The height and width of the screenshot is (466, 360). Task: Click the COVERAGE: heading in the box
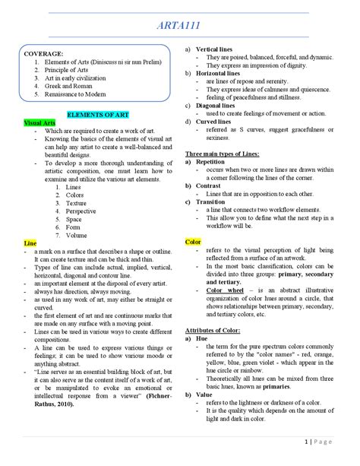pos(44,54)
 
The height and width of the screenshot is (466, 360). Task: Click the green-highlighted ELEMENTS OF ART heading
pos(97,114)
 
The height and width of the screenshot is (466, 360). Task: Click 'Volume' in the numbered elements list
pos(76,235)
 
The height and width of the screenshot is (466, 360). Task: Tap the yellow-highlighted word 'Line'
pos(30,243)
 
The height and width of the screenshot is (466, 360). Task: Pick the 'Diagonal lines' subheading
pos(219,105)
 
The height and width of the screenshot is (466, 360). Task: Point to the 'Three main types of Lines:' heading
pos(223,154)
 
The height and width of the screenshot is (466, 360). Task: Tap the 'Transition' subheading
pos(211,201)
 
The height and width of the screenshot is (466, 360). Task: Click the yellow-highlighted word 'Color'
pos(193,242)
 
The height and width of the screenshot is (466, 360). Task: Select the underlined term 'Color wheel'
pos(222,290)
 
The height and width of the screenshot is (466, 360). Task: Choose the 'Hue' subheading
pos(201,339)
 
